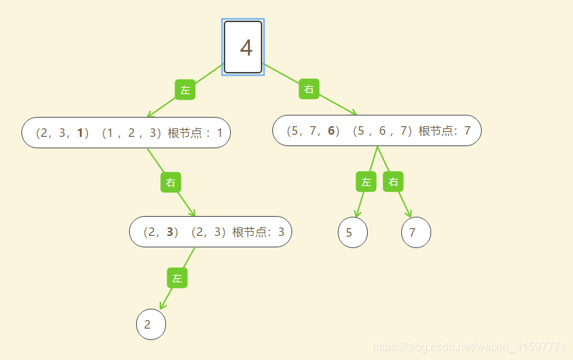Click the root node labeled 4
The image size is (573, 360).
[243, 47]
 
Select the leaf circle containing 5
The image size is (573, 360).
[352, 232]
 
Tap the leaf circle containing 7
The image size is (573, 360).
[416, 232]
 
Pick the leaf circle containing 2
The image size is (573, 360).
[151, 325]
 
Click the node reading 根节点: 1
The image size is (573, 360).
[126, 133]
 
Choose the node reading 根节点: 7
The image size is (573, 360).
[376, 130]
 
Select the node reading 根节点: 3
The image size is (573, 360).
[210, 232]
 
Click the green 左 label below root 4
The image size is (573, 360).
[185, 90]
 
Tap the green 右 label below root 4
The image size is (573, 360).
[309, 89]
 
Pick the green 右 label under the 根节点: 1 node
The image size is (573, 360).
[170, 182]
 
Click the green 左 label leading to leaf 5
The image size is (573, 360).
[366, 182]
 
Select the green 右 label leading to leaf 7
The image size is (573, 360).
[393, 182]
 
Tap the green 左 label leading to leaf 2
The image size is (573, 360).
[177, 278]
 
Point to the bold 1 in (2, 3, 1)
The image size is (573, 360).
[81, 133]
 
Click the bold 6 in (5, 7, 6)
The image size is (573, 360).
[331, 130]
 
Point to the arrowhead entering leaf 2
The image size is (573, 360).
[162, 306]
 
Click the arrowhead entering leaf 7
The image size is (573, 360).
[410, 215]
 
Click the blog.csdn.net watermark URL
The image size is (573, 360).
[470, 346]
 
